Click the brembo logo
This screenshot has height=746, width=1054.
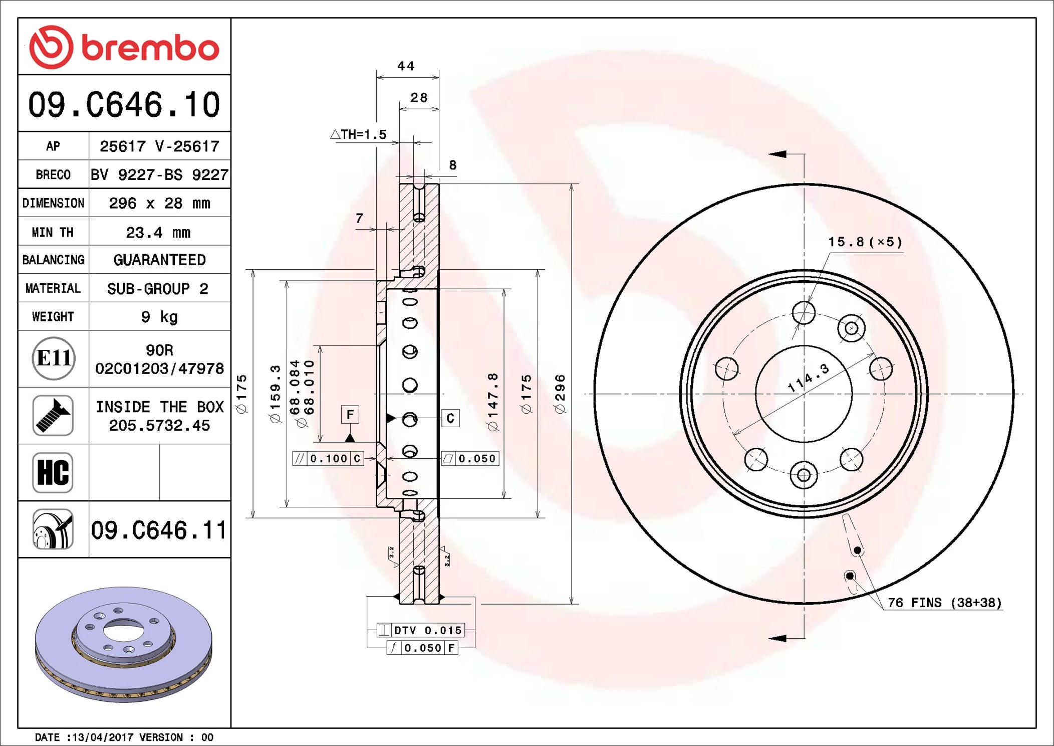pyautogui.click(x=124, y=47)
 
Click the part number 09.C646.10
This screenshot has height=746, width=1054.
pyautogui.click(x=124, y=105)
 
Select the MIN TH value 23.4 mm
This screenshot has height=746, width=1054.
pyautogui.click(x=158, y=232)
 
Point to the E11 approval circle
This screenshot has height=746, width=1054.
pyautogui.click(x=54, y=358)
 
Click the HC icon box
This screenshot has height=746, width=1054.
pyautogui.click(x=53, y=473)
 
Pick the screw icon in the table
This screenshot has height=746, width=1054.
pyautogui.click(x=53, y=416)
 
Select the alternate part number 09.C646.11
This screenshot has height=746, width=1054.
pyautogui.click(x=158, y=530)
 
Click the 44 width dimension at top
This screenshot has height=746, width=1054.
pyautogui.click(x=406, y=66)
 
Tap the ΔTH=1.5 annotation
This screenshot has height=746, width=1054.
pyautogui.click(x=359, y=134)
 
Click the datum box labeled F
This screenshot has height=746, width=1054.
pyautogui.click(x=350, y=415)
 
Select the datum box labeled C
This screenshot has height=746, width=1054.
pyautogui.click(x=450, y=418)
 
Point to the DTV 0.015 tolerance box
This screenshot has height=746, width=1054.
pyautogui.click(x=421, y=630)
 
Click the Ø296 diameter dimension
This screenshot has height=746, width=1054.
pyautogui.click(x=560, y=394)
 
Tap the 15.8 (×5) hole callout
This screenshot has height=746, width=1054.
pyautogui.click(x=865, y=242)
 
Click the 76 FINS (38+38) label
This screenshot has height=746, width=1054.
pyautogui.click(x=944, y=603)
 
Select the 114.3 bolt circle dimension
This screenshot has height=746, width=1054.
pyautogui.click(x=808, y=378)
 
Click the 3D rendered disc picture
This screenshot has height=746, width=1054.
pyautogui.click(x=124, y=644)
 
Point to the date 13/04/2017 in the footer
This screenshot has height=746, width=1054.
pyautogui.click(x=103, y=737)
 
